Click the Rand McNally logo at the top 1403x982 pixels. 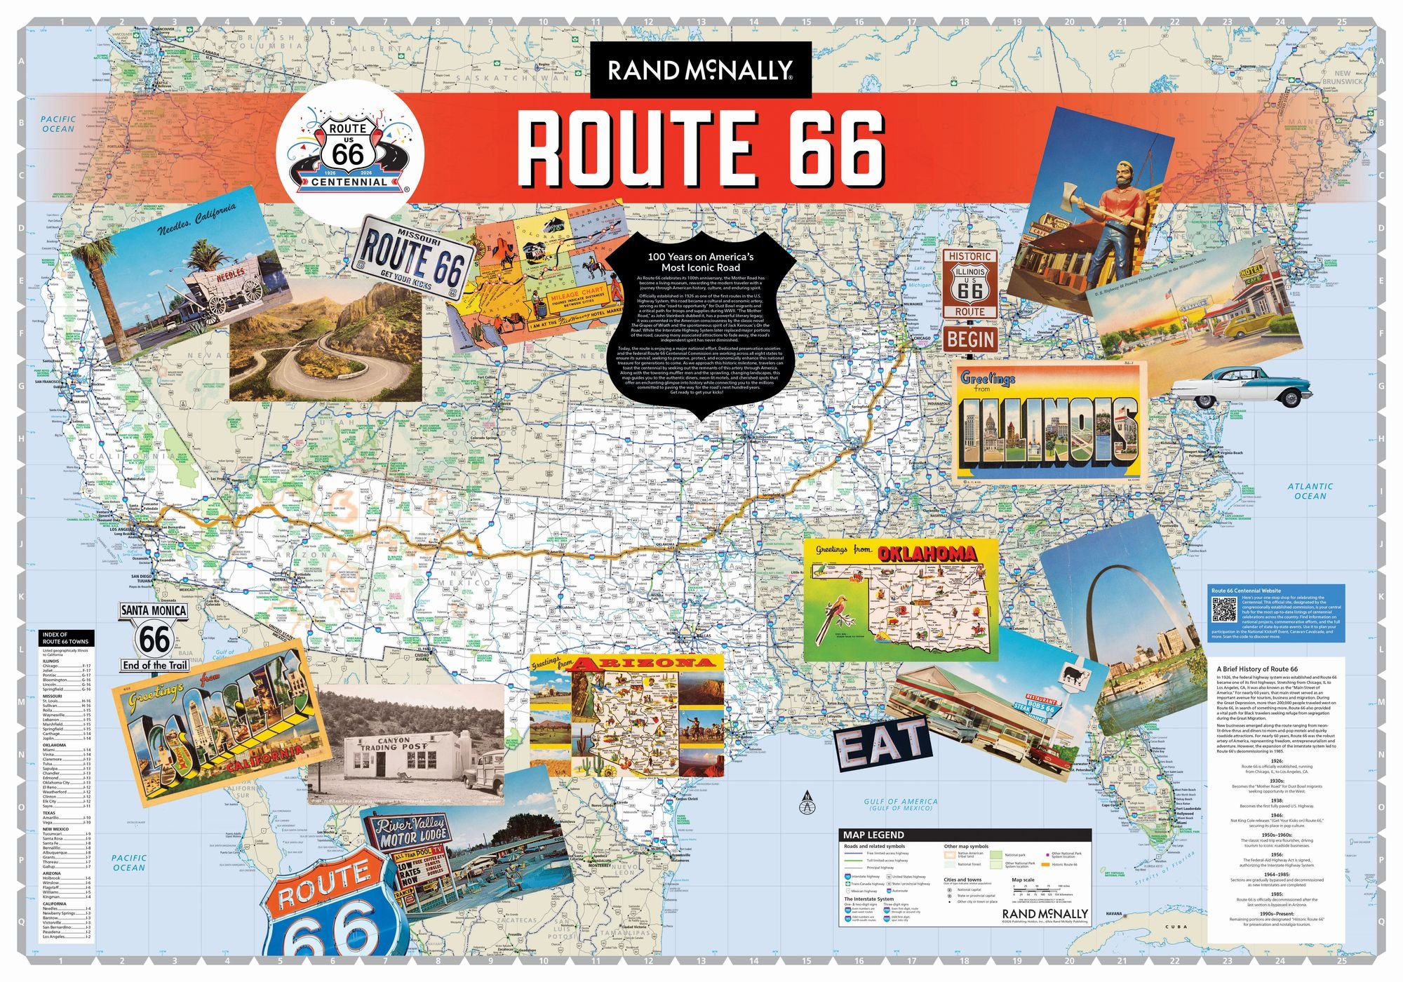point(700,70)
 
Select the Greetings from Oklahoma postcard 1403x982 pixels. point(901,600)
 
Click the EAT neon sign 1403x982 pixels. point(882,741)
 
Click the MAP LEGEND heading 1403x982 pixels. point(874,835)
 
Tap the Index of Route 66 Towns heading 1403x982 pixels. point(65,638)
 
